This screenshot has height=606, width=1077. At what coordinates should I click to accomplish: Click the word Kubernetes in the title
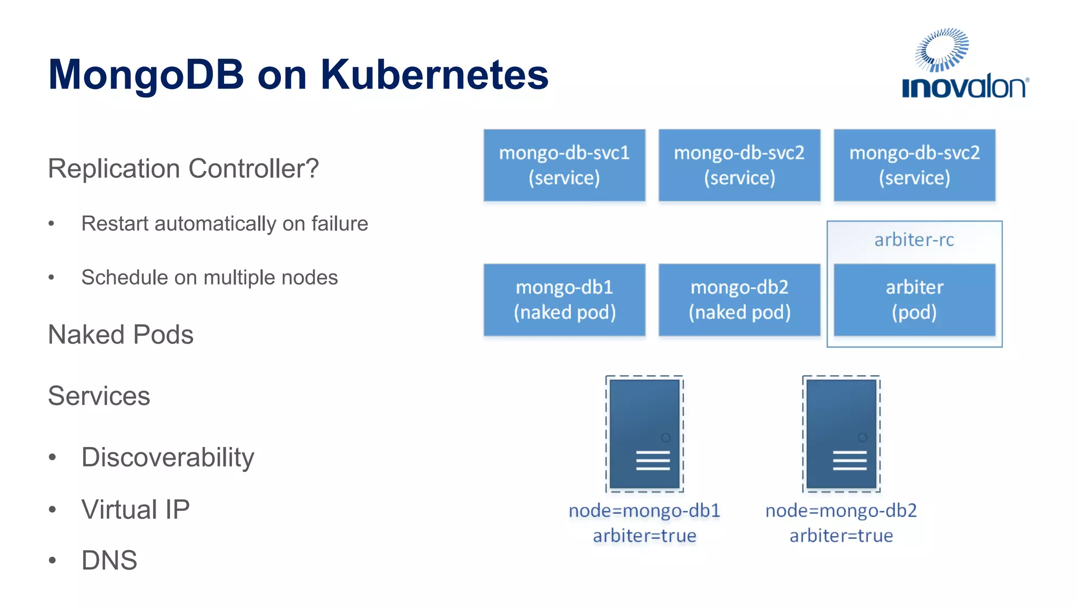434,75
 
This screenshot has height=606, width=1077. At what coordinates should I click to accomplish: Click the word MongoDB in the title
146,75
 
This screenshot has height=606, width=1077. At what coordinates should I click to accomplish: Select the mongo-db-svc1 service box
564,165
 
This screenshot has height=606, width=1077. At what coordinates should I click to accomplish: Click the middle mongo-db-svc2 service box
739,165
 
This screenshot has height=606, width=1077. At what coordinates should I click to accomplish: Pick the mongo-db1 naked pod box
564,300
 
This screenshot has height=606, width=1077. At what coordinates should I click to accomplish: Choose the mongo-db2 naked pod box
739,300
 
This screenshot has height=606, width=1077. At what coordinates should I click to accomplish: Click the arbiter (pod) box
915,300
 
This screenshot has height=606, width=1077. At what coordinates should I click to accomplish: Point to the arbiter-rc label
914,240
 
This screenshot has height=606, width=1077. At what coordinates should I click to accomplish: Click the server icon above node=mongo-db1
645,434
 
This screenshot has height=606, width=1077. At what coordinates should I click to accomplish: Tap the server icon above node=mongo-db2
841,434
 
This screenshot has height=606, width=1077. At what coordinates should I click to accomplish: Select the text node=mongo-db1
644,511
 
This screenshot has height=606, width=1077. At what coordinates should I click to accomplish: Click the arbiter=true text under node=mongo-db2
841,536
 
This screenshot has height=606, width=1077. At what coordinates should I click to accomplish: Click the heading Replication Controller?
183,169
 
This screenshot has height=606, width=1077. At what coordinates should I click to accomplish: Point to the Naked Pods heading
120,335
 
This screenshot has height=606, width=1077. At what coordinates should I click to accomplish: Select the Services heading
99,396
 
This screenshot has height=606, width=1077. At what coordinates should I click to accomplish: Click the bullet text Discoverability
168,457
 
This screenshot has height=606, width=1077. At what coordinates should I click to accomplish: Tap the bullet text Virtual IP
136,509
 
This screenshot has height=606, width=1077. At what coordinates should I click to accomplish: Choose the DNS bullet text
109,560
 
